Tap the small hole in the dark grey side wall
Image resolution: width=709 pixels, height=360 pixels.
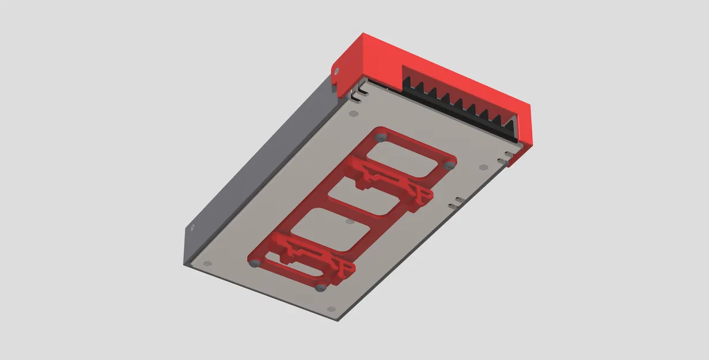coord(192,228)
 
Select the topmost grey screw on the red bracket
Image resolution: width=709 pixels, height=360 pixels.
coord(380,137)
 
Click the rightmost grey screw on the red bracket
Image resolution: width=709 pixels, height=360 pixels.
coord(450,165)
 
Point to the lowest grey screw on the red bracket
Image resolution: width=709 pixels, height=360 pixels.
coord(321,286)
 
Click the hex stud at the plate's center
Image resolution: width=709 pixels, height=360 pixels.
coord(348,221)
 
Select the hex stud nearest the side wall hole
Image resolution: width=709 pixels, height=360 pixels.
coord(208,263)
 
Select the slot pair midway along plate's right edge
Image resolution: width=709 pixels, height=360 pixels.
coord(457,201)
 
